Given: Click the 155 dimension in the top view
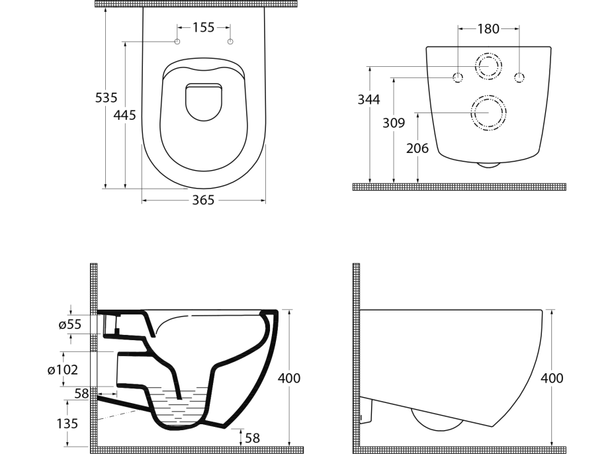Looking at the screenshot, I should [x=204, y=27].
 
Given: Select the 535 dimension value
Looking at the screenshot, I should [x=106, y=98].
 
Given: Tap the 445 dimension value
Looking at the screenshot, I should [x=124, y=115].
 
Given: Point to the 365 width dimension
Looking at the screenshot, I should [x=203, y=200].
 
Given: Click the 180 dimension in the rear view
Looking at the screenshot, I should [x=488, y=28].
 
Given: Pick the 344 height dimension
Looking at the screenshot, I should [x=369, y=99].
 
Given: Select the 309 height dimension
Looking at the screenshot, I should [x=394, y=122].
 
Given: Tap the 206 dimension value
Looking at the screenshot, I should [x=417, y=148].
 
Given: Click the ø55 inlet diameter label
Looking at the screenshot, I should [x=69, y=324].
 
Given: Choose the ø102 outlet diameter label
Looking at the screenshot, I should [x=63, y=370].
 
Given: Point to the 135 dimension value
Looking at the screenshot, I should [x=67, y=423].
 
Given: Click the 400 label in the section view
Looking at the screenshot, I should [x=288, y=379].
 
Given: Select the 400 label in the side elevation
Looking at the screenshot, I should [x=552, y=379].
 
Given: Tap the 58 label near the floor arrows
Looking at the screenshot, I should [x=253, y=438].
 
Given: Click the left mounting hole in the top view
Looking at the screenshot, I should [x=177, y=42].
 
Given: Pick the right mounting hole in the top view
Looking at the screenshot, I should [x=230, y=42].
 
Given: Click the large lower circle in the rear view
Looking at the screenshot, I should [x=489, y=113].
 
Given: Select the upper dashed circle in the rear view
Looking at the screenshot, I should [x=488, y=66].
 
